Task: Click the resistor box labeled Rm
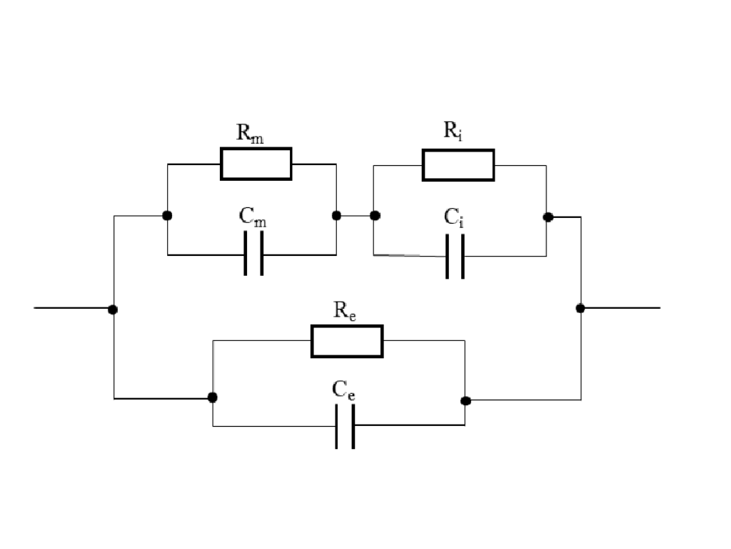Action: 256,164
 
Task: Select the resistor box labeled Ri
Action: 458,165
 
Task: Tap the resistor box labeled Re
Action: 347,341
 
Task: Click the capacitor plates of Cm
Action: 253,254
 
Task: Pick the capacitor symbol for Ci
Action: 455,256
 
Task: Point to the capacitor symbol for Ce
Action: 346,426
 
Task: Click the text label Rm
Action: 250,134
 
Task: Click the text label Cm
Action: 253,219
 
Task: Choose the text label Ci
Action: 454,218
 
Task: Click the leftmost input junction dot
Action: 113,310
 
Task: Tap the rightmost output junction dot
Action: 580,308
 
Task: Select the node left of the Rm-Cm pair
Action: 166,215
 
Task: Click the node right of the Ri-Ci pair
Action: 548,217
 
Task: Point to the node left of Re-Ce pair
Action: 212,397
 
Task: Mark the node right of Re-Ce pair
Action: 465,400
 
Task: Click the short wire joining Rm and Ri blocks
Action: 356,215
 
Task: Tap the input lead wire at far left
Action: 71,308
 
